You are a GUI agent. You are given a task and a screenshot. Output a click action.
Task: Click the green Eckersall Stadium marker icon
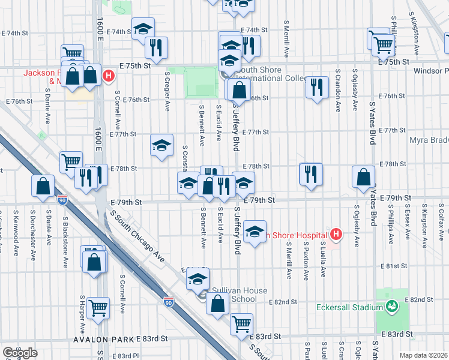pos(391,307)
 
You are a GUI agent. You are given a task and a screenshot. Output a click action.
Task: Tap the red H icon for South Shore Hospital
pos(336,235)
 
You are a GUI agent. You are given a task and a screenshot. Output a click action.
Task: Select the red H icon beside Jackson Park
pos(109,76)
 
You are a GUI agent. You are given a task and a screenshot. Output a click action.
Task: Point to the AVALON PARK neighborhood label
pos(103,340)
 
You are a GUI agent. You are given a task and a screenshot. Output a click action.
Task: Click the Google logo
pos(20,353)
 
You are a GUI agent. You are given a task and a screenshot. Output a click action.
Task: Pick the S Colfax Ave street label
pos(442,223)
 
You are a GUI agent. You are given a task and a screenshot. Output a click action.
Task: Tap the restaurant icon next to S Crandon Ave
pos(316,87)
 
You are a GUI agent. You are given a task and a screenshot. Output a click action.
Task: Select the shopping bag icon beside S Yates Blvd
pos(364,177)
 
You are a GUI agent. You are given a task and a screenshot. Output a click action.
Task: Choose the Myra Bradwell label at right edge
pos(429,140)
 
